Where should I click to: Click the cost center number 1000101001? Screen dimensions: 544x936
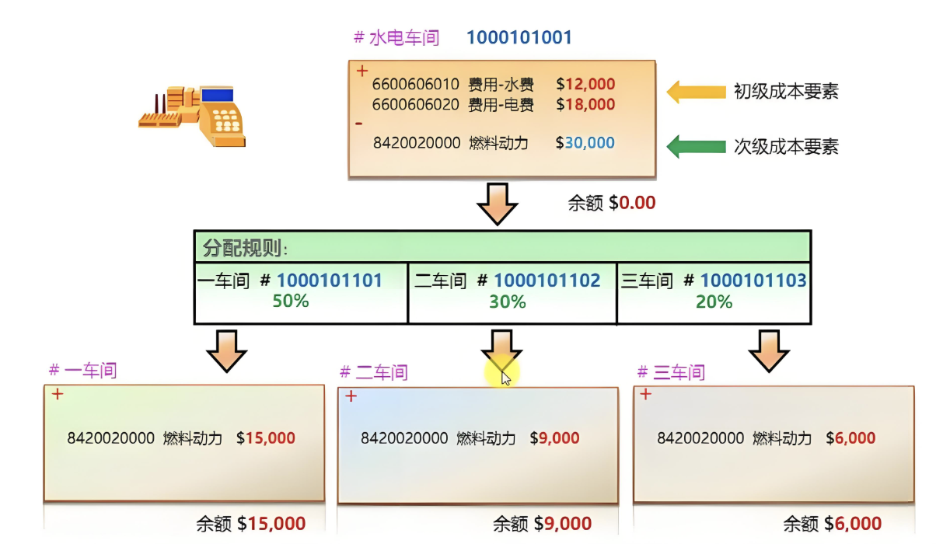click(519, 37)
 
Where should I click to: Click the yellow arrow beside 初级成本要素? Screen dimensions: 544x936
click(696, 92)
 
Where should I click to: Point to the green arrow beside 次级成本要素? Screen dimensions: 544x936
click(696, 145)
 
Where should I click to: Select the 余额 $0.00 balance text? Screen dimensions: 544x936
click(612, 203)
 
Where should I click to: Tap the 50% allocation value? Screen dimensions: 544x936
click(291, 302)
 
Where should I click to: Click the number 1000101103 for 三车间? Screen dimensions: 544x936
click(753, 281)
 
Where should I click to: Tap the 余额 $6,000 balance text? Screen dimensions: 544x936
click(832, 524)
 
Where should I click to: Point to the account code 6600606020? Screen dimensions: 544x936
click(416, 104)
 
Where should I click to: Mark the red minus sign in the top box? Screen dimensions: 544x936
click(358, 124)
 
